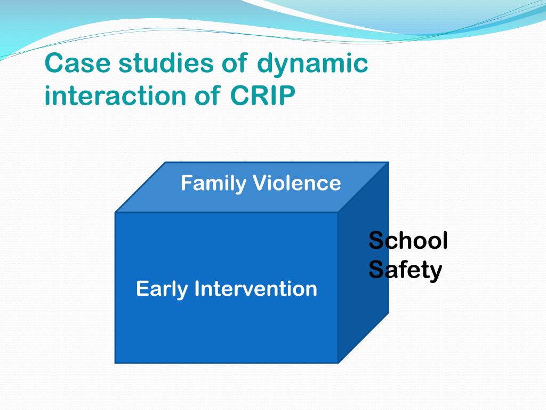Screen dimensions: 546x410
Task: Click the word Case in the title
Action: [x=77, y=63]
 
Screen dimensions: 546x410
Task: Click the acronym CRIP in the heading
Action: [x=262, y=96]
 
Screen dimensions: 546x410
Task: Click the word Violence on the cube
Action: [x=297, y=183]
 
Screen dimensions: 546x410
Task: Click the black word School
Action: [x=408, y=240]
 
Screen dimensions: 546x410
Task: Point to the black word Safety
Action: [x=405, y=270]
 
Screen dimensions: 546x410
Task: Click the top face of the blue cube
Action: [x=252, y=187]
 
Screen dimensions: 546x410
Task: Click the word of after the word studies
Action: [x=235, y=63]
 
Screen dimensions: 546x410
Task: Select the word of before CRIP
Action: [x=207, y=96]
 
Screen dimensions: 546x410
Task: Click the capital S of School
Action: [x=376, y=240]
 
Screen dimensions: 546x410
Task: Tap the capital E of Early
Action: [x=142, y=289]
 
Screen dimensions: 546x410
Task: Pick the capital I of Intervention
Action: [x=197, y=289]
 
